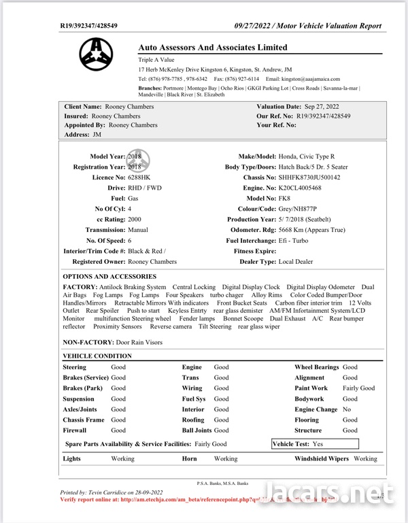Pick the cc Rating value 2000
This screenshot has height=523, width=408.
click(x=135, y=220)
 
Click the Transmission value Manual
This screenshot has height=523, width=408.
click(x=139, y=230)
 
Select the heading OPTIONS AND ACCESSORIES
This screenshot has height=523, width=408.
click(x=109, y=277)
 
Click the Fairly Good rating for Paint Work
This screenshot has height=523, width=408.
click(x=358, y=388)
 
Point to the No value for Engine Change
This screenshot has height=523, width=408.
click(x=346, y=409)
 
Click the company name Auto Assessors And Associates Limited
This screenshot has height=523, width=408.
click(x=213, y=48)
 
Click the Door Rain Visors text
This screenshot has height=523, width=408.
click(x=139, y=342)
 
